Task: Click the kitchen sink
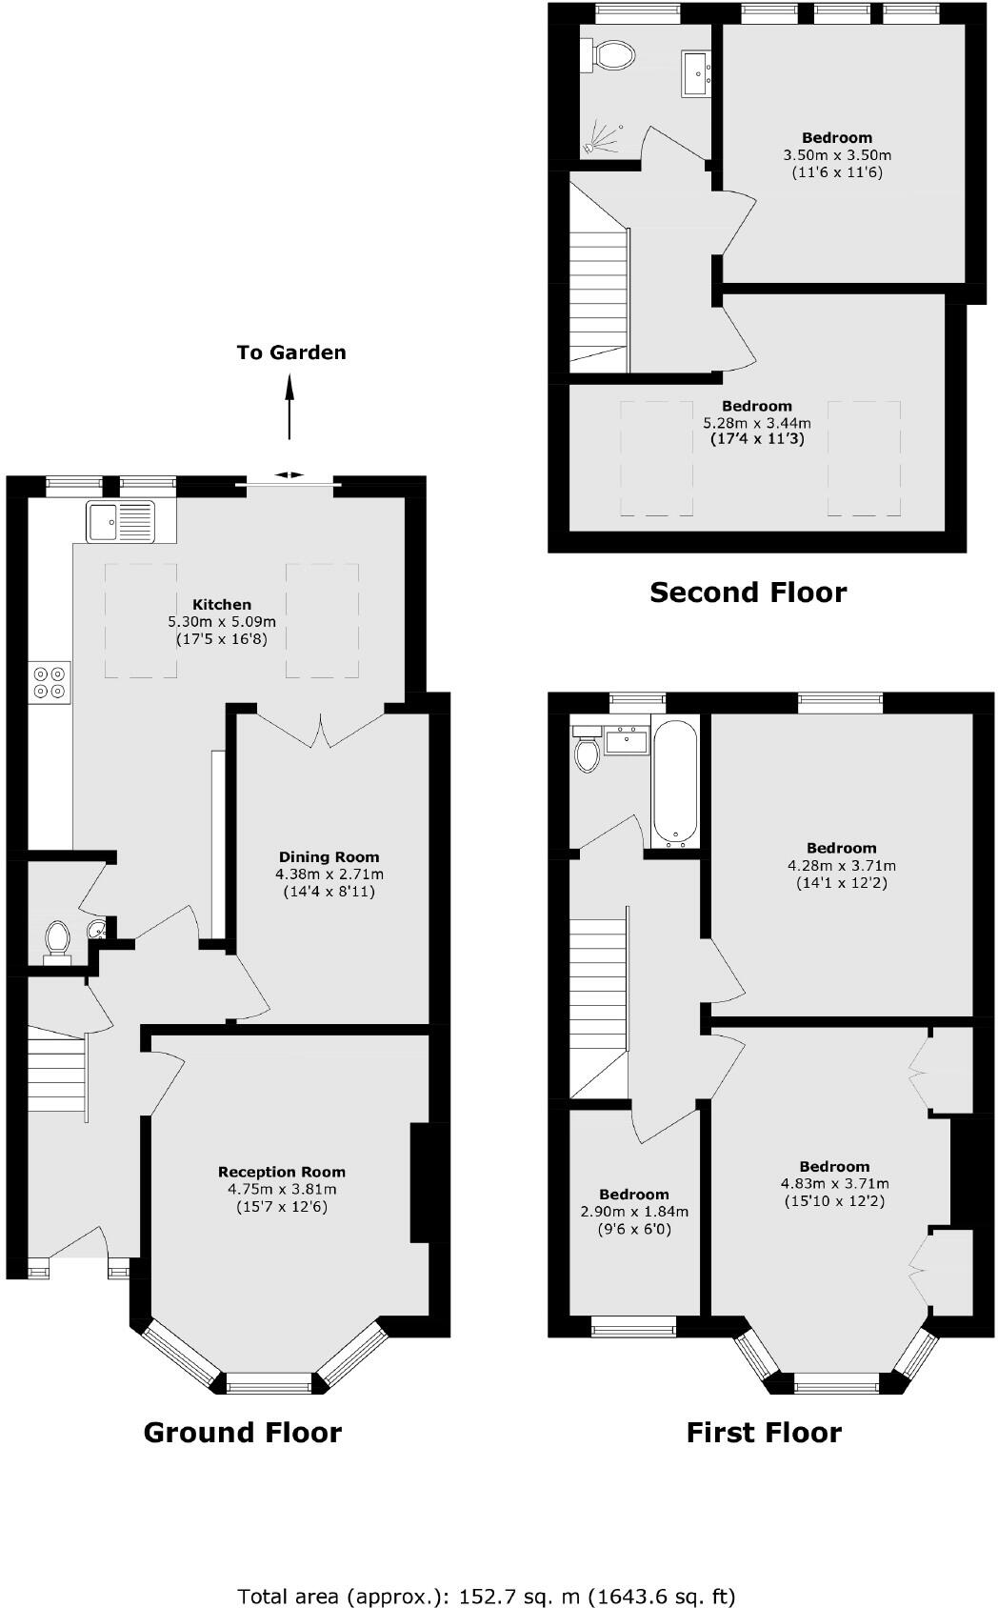click(119, 521)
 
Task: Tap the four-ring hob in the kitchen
click(50, 679)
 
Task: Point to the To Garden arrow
click(289, 405)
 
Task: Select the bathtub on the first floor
click(676, 783)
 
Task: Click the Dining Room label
click(329, 856)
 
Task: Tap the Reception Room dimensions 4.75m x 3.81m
click(282, 1189)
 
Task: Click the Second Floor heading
click(748, 593)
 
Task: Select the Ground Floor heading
click(242, 1432)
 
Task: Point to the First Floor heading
click(764, 1432)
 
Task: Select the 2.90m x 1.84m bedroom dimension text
click(634, 1212)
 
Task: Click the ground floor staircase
click(55, 1076)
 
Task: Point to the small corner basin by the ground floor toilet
click(97, 929)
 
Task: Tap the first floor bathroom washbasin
click(627, 738)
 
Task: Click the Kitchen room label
click(222, 604)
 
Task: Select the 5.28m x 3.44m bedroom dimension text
click(757, 423)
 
